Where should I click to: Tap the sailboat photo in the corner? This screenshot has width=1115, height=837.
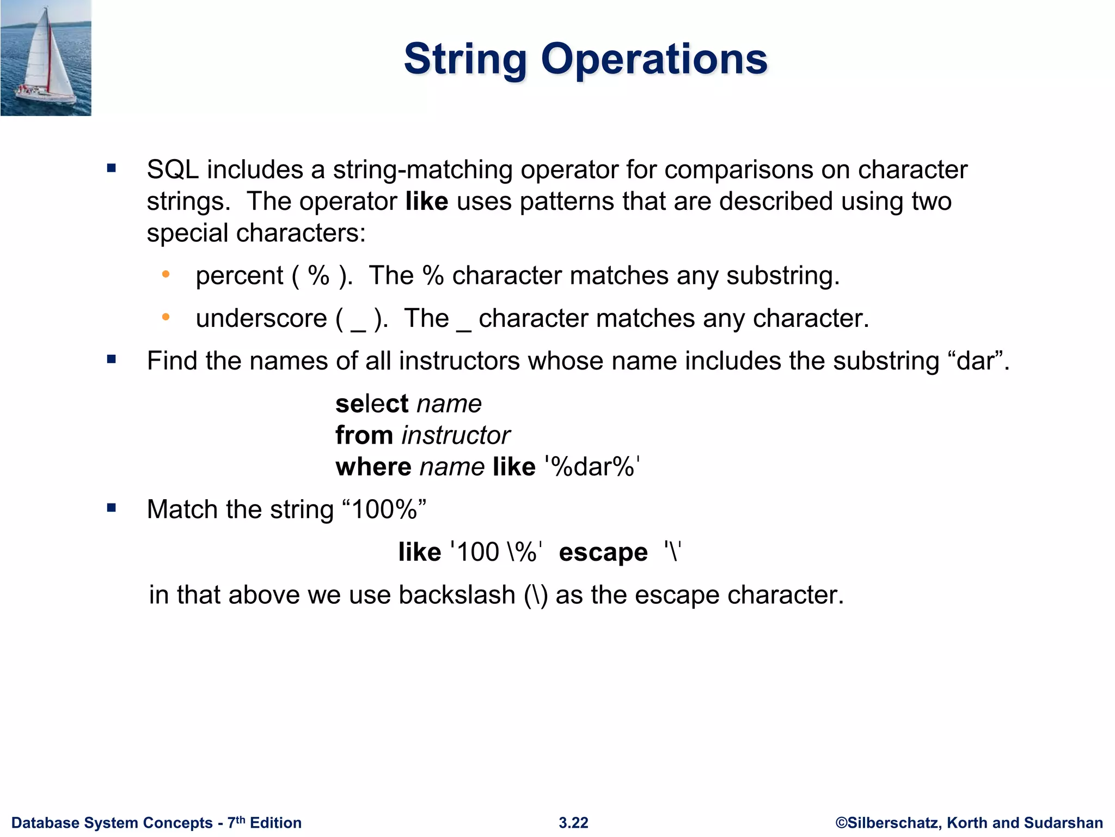(x=46, y=58)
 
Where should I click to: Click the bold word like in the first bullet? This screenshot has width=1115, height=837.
(x=426, y=202)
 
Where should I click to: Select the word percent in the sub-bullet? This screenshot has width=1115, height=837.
(x=239, y=276)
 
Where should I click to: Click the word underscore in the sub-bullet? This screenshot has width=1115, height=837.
(x=261, y=319)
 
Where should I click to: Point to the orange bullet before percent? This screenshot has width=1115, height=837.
(x=166, y=274)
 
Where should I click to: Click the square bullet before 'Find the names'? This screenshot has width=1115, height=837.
(x=112, y=360)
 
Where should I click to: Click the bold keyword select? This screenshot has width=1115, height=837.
(x=371, y=404)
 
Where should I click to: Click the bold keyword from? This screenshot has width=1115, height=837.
(x=364, y=436)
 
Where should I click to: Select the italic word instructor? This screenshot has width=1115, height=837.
(x=456, y=436)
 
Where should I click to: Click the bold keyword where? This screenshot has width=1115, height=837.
(x=373, y=468)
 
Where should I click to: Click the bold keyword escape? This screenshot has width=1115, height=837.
(x=603, y=553)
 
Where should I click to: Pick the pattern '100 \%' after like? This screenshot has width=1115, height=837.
(x=496, y=553)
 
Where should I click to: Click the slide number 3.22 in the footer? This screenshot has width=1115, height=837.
(x=573, y=823)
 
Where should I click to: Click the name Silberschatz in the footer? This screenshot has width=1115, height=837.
(x=893, y=823)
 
